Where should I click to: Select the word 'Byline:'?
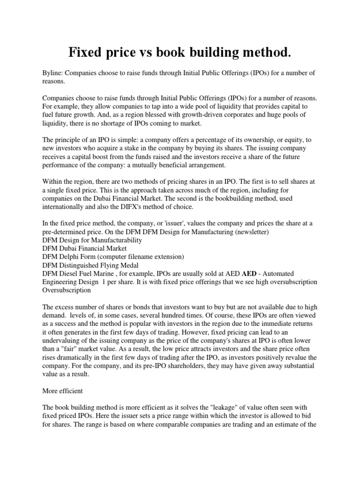(53, 73)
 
